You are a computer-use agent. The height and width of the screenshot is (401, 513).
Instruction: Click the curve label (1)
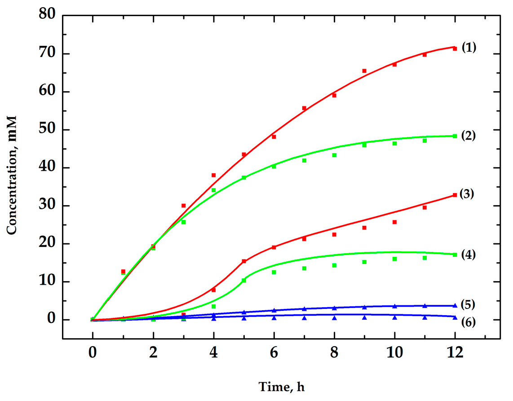pos(469,47)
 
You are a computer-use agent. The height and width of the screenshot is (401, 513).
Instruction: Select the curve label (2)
pos(469,135)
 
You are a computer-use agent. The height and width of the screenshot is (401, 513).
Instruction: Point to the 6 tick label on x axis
pos(274,354)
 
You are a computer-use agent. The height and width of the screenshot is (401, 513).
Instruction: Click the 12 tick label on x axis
pos(455,354)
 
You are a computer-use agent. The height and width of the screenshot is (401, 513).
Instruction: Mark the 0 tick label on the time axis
pos(93,354)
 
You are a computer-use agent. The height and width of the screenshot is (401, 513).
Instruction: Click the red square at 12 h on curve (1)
pos(455,48)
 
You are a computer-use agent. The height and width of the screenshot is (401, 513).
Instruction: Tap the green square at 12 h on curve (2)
pos(455,136)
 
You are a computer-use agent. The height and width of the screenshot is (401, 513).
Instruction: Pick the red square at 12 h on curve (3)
pos(455,195)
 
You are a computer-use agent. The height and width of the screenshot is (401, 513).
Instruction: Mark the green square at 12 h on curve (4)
pos(455,255)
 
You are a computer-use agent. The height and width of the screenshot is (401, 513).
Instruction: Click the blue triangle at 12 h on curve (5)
pos(455,305)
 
